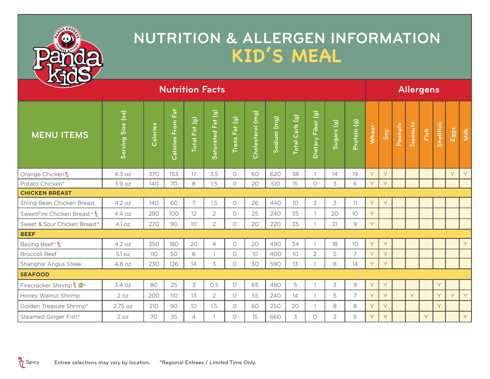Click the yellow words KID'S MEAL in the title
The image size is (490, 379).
[x=286, y=56]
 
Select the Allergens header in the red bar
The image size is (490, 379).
[x=419, y=90]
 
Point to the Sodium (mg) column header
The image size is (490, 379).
[x=275, y=135]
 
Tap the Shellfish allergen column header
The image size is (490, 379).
[x=439, y=135]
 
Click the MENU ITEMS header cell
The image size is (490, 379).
[x=60, y=135]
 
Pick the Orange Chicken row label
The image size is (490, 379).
[x=42, y=174]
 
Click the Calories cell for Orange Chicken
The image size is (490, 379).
[x=154, y=174]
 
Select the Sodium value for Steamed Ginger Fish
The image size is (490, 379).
[x=275, y=317]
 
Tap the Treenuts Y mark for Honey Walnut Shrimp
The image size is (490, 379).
[x=412, y=296]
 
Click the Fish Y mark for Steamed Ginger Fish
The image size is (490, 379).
[x=426, y=317]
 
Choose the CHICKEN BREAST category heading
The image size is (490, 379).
[x=46, y=193]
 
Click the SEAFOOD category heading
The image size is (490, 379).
[x=35, y=275]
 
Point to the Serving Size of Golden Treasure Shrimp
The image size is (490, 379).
[x=123, y=306]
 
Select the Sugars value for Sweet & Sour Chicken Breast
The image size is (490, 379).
[x=335, y=224]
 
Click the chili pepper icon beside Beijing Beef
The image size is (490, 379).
[x=59, y=244]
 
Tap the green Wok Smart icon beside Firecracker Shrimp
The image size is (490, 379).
[x=81, y=285]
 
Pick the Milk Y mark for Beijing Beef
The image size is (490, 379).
[x=465, y=244]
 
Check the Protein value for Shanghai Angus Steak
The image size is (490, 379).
[x=355, y=264]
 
